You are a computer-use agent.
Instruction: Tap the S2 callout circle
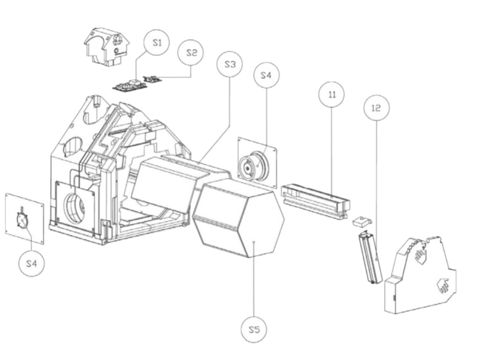point(191,53)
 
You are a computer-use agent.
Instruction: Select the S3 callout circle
point(229,64)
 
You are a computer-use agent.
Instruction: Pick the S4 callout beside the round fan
point(266,76)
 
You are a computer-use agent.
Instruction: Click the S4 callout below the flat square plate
point(32,264)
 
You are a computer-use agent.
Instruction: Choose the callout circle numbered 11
point(332,94)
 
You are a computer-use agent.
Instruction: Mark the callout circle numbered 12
point(376,108)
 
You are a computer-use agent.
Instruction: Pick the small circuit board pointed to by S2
point(152,78)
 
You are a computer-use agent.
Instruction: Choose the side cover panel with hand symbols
point(421,277)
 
